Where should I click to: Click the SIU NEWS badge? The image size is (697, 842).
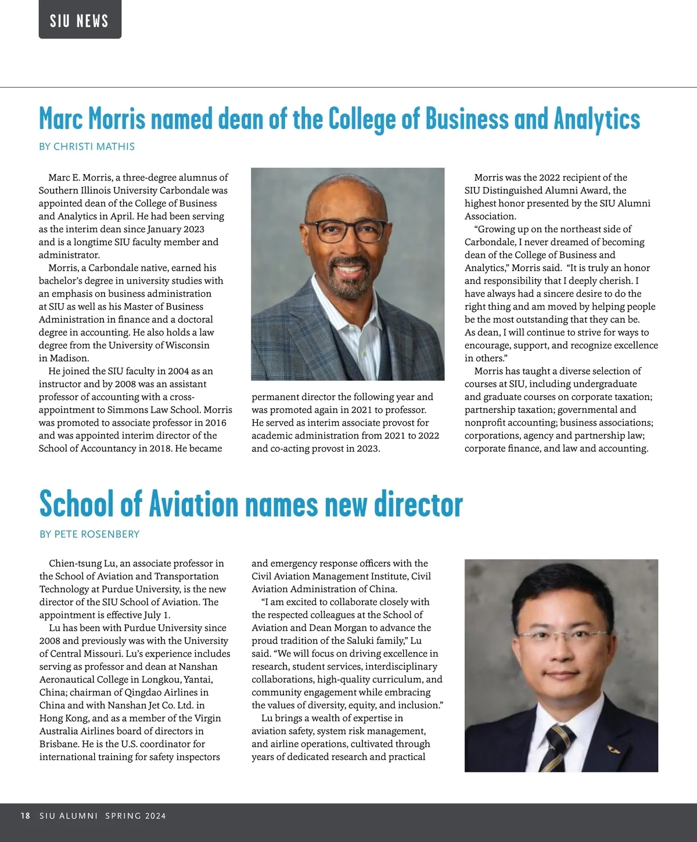tap(80, 21)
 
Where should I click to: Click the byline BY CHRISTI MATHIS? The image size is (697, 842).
tap(87, 146)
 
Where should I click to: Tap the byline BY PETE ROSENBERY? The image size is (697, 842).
tap(89, 534)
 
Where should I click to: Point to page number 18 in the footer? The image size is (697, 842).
tap(25, 816)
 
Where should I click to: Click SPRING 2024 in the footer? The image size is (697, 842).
tap(135, 816)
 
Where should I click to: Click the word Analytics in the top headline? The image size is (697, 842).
tap(597, 119)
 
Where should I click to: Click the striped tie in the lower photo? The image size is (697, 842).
tap(556, 746)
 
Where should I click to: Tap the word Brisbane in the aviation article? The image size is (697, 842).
tap(59, 744)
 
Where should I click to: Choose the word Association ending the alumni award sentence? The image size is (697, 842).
tap(490, 216)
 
